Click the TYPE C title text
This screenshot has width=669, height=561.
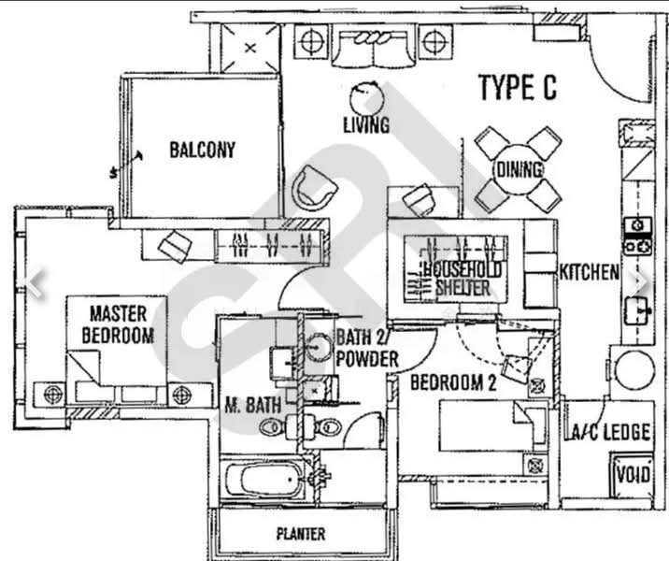click(x=518, y=88)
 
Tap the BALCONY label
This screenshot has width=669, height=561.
click(x=202, y=150)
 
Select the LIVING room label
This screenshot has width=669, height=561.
click(x=365, y=125)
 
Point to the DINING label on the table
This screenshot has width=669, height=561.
click(x=519, y=170)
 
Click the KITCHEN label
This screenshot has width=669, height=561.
click(x=589, y=272)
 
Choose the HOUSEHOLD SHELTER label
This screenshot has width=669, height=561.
click(x=463, y=279)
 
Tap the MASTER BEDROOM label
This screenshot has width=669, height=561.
click(x=118, y=324)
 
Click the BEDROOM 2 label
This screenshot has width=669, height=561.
click(x=453, y=382)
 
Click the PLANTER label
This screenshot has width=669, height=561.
click(x=301, y=534)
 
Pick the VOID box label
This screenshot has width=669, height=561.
click(x=633, y=476)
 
